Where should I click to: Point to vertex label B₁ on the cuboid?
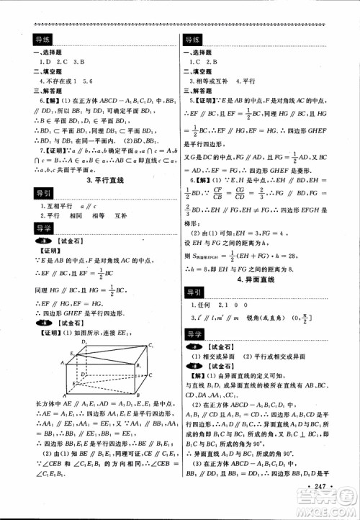tap(139, 365)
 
